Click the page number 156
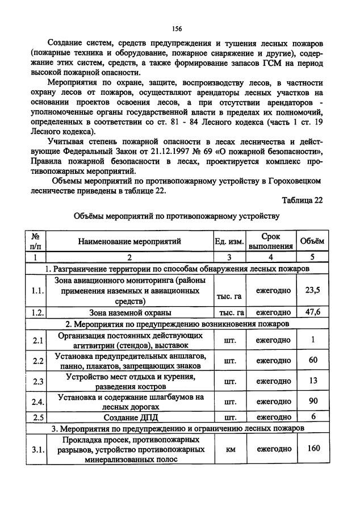click(x=177, y=28)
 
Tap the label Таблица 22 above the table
click(x=302, y=200)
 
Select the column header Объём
click(x=312, y=241)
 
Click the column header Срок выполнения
click(x=271, y=241)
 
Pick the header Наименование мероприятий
click(x=129, y=241)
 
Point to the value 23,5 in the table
click(x=312, y=290)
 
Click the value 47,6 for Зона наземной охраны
click(x=312, y=312)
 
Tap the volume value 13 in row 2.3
click(x=312, y=381)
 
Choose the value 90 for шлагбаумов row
click(x=312, y=402)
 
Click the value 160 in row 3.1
click(x=312, y=448)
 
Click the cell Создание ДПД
click(x=129, y=417)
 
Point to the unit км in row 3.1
click(x=231, y=449)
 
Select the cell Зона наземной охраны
click(x=129, y=312)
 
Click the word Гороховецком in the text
click(x=296, y=181)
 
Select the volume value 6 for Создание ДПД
click(x=312, y=417)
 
